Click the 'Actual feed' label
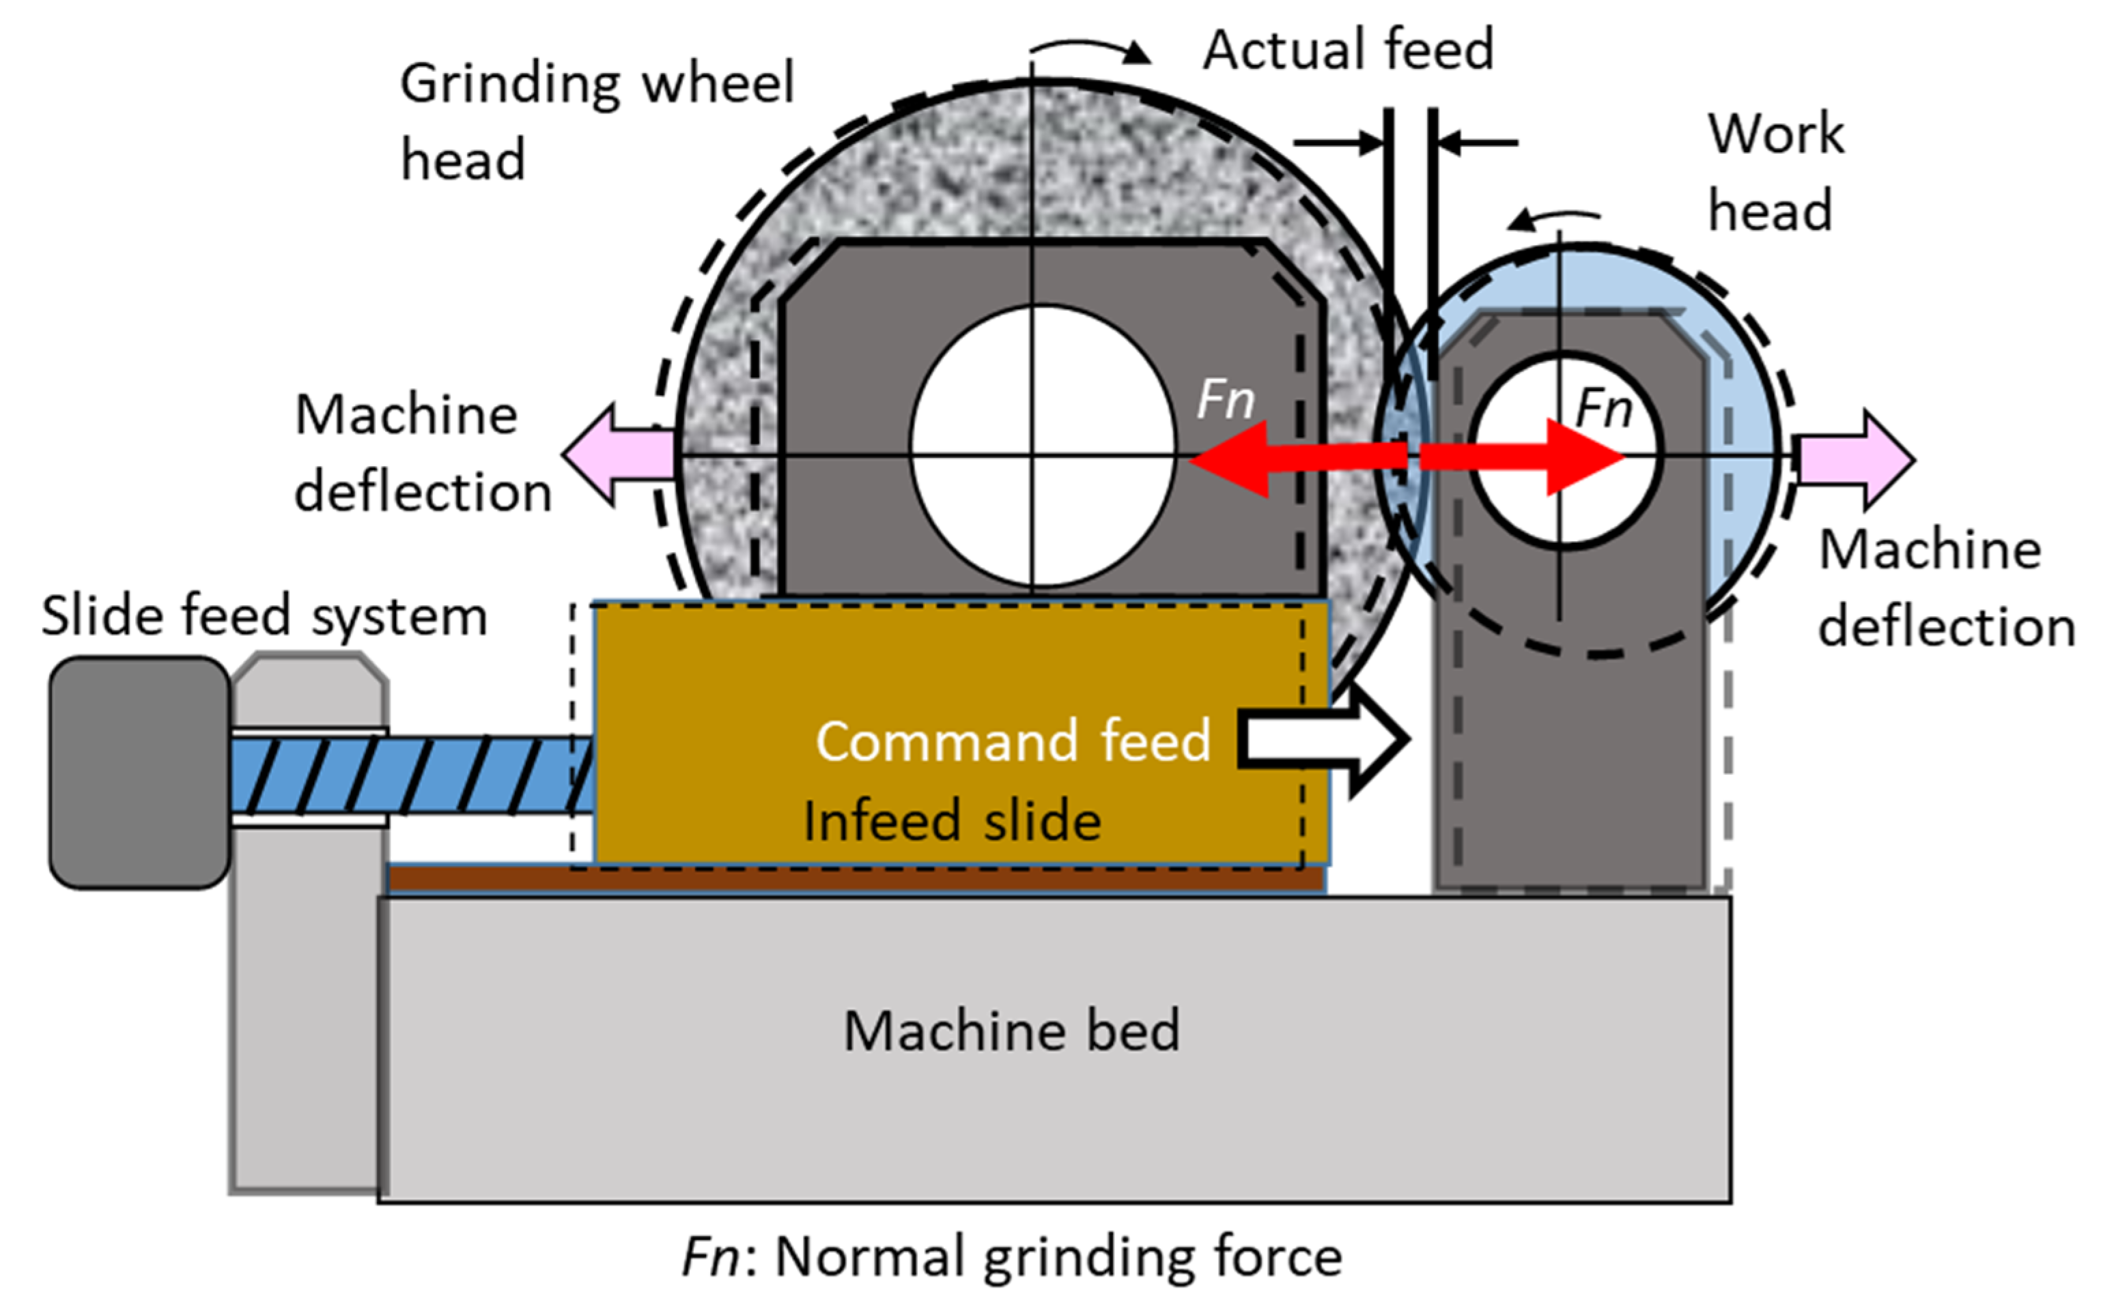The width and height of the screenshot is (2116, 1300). pyautogui.click(x=1348, y=50)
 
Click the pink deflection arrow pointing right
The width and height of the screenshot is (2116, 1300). pyautogui.click(x=1858, y=460)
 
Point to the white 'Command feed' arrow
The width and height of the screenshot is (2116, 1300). pyautogui.click(x=1325, y=740)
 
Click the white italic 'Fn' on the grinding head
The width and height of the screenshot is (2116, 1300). pyautogui.click(x=1226, y=401)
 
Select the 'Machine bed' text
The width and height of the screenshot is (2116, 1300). pyautogui.click(x=1011, y=1032)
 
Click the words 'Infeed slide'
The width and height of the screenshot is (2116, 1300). pyautogui.click(x=951, y=821)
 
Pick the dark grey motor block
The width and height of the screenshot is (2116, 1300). pyautogui.click(x=138, y=772)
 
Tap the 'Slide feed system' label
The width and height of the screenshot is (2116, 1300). pyautogui.click(x=264, y=616)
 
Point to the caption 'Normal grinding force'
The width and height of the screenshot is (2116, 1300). pyautogui.click(x=1058, y=1257)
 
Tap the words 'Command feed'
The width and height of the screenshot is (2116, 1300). pyautogui.click(x=1013, y=741)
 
